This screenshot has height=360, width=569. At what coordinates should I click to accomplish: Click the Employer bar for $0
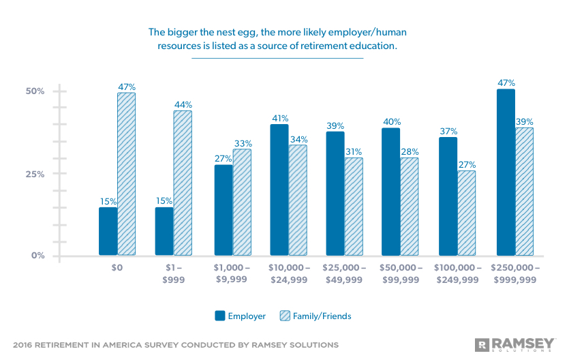[x=108, y=231]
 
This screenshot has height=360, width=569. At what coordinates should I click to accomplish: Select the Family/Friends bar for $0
[x=126, y=174]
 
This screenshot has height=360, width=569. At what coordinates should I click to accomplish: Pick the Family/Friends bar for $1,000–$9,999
[x=242, y=202]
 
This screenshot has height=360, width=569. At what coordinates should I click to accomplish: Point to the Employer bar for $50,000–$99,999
[x=390, y=192]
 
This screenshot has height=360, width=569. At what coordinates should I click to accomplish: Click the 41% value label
[x=279, y=118]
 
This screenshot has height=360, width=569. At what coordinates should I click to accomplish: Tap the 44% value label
[x=183, y=104]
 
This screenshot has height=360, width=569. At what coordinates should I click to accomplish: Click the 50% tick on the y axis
[x=35, y=91]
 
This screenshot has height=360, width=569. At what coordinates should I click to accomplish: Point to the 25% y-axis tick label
[x=35, y=174]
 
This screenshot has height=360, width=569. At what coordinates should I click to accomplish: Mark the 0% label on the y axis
[x=38, y=256]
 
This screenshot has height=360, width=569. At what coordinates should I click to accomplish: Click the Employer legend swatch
[x=220, y=316]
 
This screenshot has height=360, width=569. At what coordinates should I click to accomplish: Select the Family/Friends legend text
[x=322, y=316]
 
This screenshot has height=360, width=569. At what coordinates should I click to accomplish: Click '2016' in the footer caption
[x=25, y=345]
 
